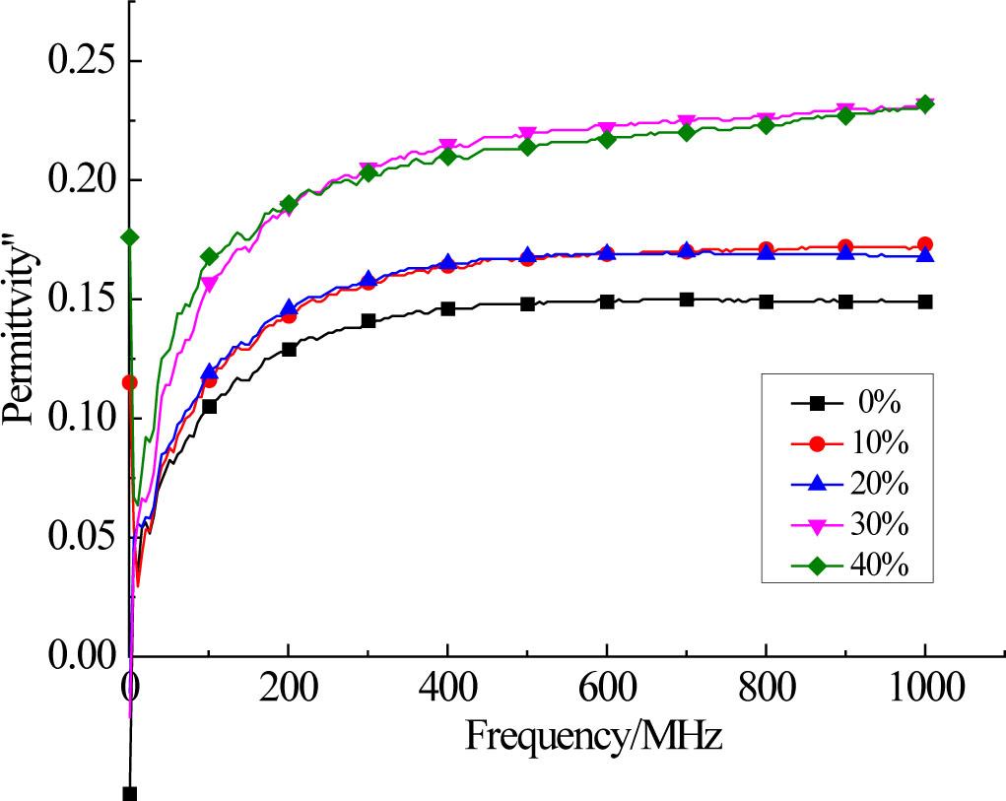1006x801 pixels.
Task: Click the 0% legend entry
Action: coord(847,402)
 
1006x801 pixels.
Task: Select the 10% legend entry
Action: coord(847,443)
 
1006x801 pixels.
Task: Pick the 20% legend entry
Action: coord(847,485)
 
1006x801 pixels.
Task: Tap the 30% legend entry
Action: coord(847,526)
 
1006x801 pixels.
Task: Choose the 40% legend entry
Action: coord(847,567)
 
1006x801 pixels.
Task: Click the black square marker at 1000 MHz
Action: coord(925,301)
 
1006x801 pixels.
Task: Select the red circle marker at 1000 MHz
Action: coord(925,244)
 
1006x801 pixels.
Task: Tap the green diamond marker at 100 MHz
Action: coord(209,256)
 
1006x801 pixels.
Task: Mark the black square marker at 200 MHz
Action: coord(289,349)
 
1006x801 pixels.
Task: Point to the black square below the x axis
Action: coord(129,793)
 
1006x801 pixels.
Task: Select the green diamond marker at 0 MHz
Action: coord(129,236)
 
